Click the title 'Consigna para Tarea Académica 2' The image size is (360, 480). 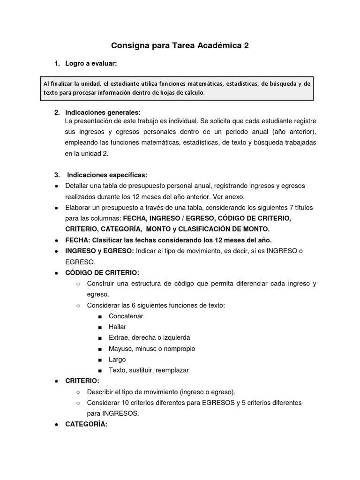click(180, 46)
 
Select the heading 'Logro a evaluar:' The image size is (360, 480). click(91, 63)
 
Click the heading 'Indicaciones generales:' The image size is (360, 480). click(103, 112)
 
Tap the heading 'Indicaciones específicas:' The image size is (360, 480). click(107, 175)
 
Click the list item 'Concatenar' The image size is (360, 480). click(126, 316)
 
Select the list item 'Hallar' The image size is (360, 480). click(117, 327)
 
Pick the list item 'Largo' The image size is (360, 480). click(117, 360)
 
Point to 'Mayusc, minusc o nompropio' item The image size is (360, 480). click(152, 349)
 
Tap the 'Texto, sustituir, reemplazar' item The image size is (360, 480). click(149, 370)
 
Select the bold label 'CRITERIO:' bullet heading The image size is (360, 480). click(82, 381)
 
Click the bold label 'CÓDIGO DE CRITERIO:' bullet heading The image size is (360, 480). click(102, 273)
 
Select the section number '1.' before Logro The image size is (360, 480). click(57, 63)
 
